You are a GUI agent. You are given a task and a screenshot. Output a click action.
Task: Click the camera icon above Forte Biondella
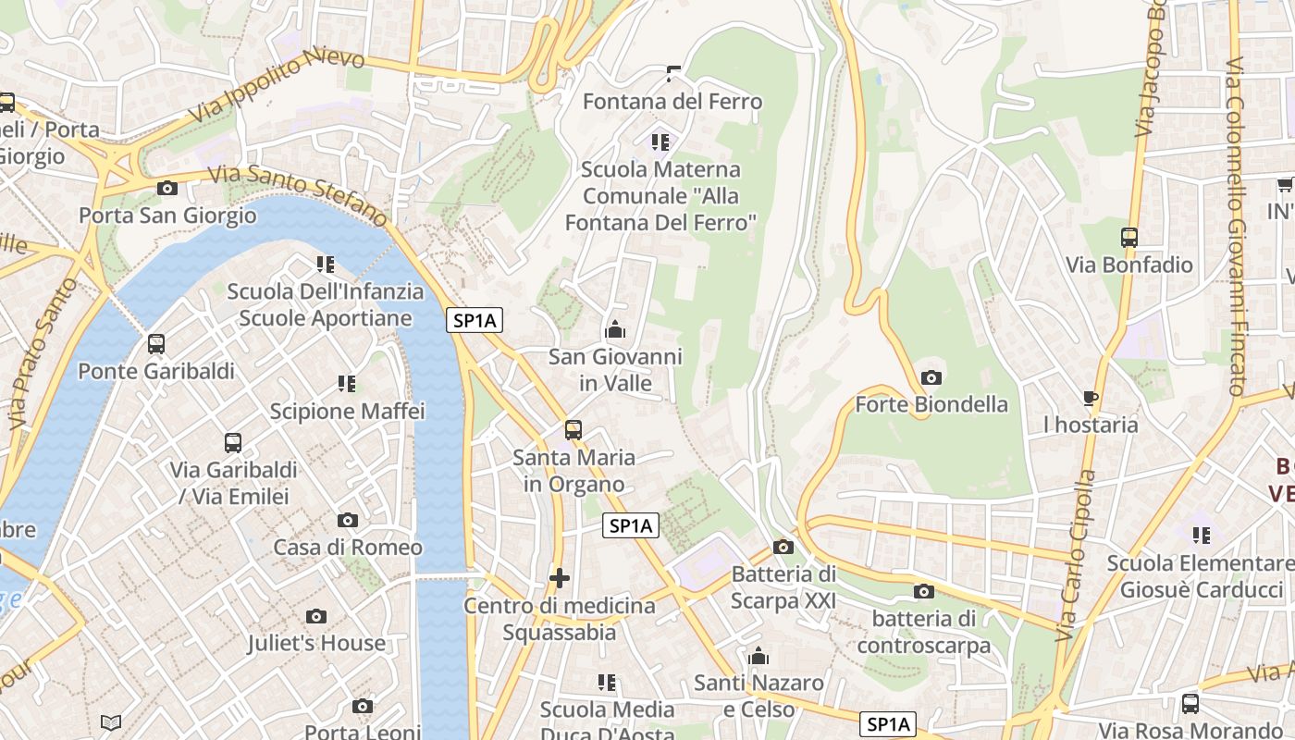point(931,377)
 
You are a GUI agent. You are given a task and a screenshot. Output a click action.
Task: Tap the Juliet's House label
point(316,643)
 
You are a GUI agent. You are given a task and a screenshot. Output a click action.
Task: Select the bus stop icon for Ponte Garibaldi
point(156,344)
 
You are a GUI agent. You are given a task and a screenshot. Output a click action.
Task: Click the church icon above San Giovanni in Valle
point(614,329)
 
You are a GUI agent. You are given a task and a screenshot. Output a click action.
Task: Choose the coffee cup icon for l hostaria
point(1091,399)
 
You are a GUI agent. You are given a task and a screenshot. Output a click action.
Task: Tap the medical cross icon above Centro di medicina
point(559,578)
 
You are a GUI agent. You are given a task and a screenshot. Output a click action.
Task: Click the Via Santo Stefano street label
point(297,195)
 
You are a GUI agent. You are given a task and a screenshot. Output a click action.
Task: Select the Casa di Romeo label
point(348,547)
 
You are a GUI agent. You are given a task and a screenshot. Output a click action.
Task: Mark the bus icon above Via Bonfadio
point(1129,238)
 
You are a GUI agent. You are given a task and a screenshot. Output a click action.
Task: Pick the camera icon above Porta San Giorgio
point(167,189)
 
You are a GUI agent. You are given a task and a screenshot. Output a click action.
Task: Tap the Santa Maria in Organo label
point(573,470)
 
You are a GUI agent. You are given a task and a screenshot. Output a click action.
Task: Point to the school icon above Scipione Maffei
point(347,383)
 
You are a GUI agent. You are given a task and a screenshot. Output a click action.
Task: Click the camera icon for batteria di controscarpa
point(923,592)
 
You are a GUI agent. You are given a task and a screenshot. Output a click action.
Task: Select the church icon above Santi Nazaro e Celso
point(758,657)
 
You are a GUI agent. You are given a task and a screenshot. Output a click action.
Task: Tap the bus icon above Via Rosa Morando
point(1190,703)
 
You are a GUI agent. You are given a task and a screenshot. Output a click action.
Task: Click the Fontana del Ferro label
point(672,102)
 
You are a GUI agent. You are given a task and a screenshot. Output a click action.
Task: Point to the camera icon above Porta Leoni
point(363,707)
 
